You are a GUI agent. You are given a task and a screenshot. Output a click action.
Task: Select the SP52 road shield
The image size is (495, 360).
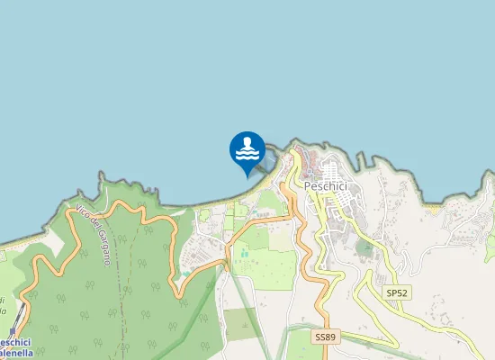pos(396,292)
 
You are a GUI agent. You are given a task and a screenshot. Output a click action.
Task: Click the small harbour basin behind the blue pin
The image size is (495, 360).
pos(266,160)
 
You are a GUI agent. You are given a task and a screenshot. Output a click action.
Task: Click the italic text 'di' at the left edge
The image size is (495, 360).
pos(3,300)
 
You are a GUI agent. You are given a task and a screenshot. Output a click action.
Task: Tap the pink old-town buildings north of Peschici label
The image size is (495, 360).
pos(310,166)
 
